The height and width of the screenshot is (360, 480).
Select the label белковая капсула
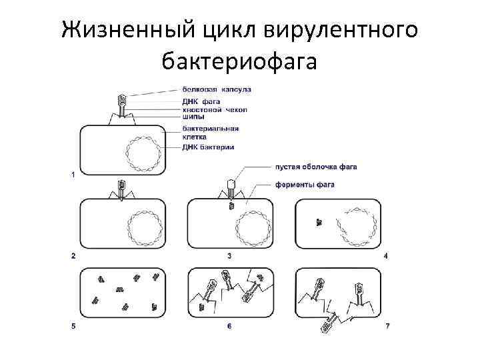(x=217, y=89)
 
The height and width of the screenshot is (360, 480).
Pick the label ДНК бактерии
(x=207, y=147)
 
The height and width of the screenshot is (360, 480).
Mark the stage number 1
(x=73, y=174)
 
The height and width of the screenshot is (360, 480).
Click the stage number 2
(x=73, y=255)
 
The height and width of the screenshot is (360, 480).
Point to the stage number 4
(x=386, y=255)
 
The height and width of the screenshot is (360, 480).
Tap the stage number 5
(x=73, y=326)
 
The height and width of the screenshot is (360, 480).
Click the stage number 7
(x=387, y=326)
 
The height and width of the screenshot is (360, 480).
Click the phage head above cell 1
(x=122, y=101)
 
